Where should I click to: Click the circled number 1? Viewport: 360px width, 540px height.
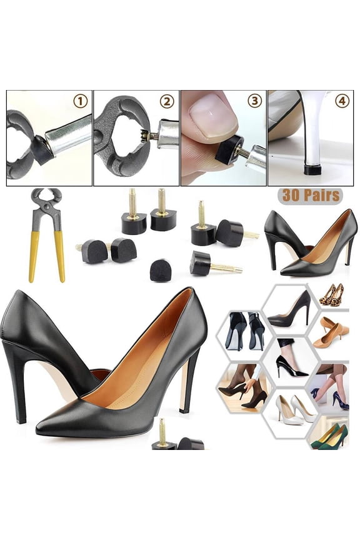point(81,101)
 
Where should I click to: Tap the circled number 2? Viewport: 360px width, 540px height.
point(166,101)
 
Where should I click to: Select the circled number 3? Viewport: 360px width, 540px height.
point(254,101)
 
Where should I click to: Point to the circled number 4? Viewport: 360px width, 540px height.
point(342,101)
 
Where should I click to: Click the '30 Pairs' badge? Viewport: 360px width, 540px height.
point(311,195)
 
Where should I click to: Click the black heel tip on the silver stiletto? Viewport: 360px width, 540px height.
point(311,169)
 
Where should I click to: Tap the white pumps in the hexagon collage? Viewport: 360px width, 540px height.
point(294,409)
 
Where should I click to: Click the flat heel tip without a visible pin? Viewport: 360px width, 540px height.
point(161,271)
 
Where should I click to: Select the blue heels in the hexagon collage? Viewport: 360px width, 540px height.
point(337,401)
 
